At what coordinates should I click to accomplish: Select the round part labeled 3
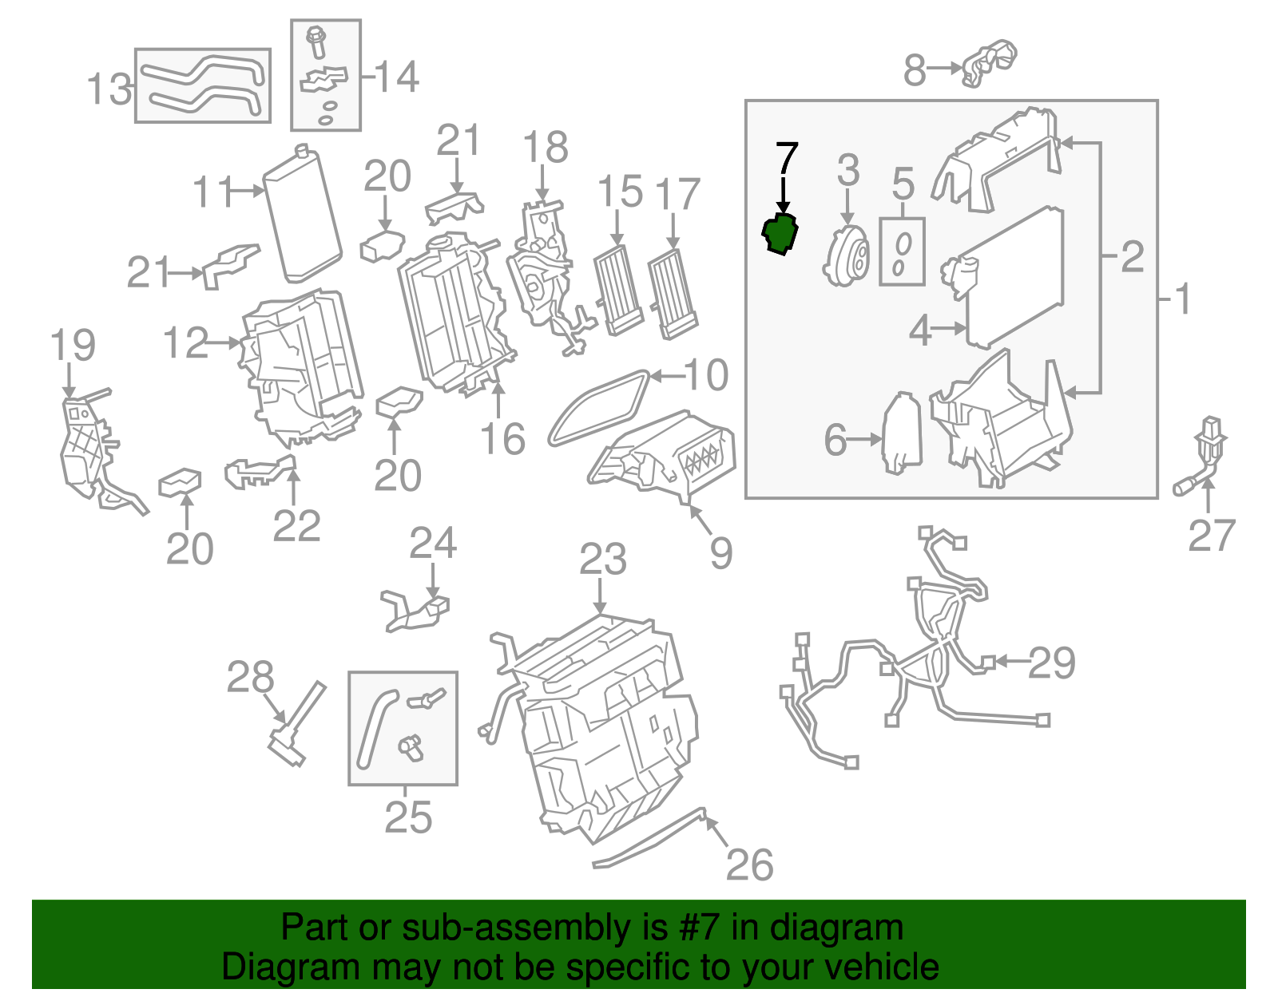[x=846, y=255]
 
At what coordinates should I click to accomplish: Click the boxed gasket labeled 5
[x=902, y=251]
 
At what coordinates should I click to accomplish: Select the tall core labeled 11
[x=303, y=216]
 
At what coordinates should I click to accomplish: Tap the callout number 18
[x=546, y=148]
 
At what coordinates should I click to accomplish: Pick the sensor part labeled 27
[x=1206, y=455]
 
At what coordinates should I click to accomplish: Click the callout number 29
[x=1051, y=663]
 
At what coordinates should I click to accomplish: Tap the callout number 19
[x=73, y=346]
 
